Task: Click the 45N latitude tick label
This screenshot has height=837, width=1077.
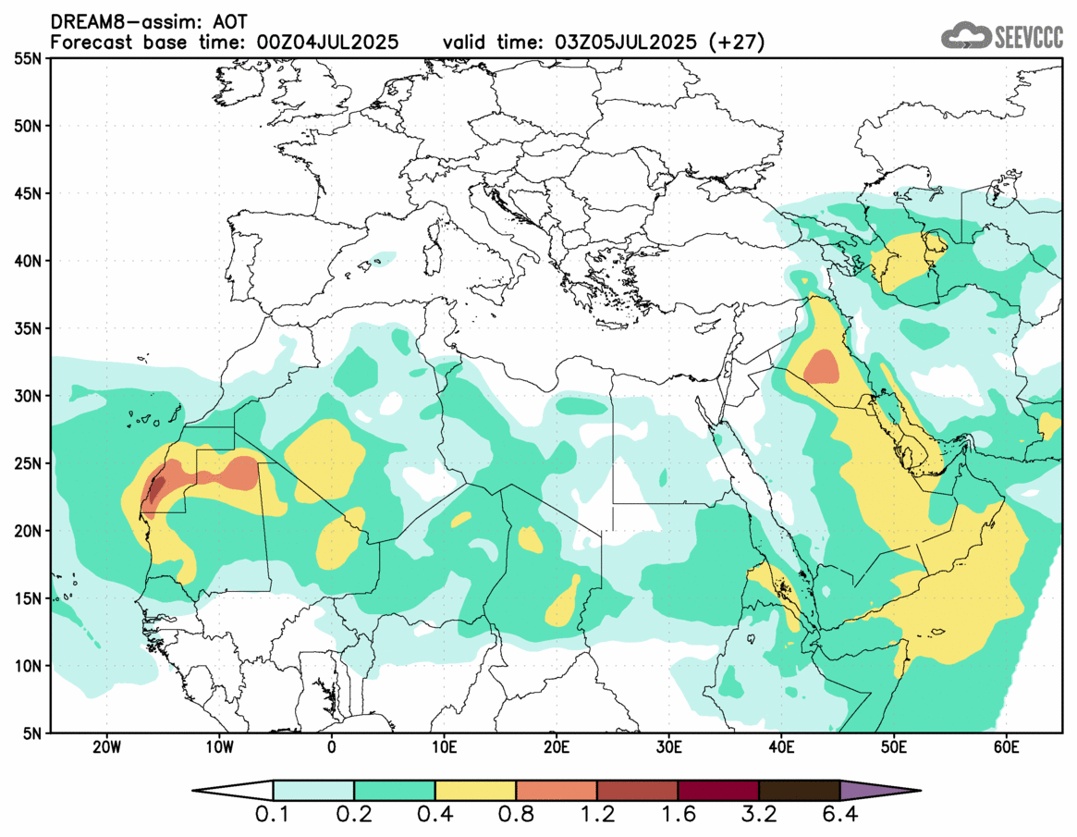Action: pyautogui.click(x=31, y=194)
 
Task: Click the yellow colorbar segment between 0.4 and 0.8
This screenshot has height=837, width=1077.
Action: pyautogui.click(x=475, y=791)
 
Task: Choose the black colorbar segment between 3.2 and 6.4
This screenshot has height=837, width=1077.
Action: pyautogui.click(x=799, y=791)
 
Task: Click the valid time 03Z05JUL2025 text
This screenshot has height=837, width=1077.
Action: pyautogui.click(x=621, y=43)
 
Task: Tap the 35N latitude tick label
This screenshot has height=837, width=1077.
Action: pyautogui.click(x=31, y=329)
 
